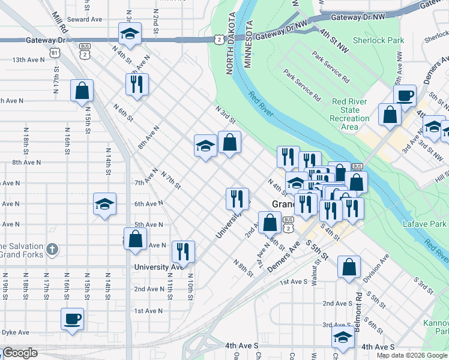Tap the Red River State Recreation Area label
[350, 114]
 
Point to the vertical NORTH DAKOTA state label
[229, 45]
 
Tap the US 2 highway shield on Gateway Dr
[220, 39]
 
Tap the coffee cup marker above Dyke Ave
[73, 320]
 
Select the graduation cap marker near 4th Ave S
[343, 337]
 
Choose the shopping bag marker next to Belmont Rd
[349, 267]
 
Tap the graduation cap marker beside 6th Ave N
[104, 204]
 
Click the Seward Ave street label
[85, 19]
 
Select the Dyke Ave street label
[14, 332]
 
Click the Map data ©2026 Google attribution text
[412, 355]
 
